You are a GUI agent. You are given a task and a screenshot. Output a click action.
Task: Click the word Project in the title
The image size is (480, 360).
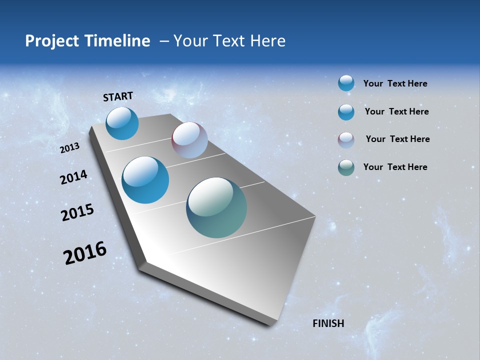click(x=52, y=41)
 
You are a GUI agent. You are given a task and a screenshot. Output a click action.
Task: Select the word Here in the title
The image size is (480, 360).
click(x=268, y=41)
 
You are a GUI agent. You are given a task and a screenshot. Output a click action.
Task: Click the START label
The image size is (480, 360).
click(x=118, y=96)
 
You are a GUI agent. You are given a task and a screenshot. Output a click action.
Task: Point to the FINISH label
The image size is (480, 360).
click(x=328, y=323)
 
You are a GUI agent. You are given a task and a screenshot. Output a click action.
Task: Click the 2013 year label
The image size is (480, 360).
click(x=70, y=148)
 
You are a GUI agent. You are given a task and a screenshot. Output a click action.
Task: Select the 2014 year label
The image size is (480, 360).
click(x=74, y=177)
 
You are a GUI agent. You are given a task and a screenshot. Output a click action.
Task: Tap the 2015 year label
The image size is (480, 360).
click(x=77, y=212)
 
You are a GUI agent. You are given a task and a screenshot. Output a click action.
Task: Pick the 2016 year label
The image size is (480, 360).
click(x=85, y=253)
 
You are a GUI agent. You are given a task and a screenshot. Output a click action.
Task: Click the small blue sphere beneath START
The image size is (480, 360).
click(x=122, y=123)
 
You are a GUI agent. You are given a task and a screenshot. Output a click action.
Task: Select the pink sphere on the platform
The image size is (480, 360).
click(x=189, y=140)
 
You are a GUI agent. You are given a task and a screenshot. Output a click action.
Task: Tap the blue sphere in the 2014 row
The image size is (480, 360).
click(x=145, y=180)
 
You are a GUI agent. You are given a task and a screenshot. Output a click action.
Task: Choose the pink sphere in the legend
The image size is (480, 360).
click(x=346, y=139)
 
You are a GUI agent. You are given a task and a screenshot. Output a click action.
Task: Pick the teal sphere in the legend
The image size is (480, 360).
click(x=346, y=167)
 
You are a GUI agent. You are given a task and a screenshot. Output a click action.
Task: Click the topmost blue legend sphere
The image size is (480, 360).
click(x=346, y=83)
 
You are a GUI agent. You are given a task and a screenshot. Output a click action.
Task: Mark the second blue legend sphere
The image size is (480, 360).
click(x=346, y=112)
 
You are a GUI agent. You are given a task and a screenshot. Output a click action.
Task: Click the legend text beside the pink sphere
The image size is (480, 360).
click(x=397, y=139)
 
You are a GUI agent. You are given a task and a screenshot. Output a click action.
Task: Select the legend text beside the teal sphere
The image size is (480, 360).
click(x=395, y=167)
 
